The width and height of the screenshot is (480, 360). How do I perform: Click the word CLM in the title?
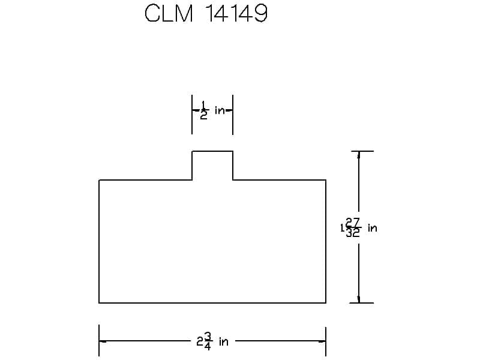point(169,14)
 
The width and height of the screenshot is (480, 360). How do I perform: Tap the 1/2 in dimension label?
point(212,111)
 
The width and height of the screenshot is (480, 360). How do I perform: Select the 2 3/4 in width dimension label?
point(212,342)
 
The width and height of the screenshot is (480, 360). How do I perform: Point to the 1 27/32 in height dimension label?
point(359,228)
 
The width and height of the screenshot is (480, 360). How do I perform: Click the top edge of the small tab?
point(212,151)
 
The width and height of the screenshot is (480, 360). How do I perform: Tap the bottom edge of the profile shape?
point(212,303)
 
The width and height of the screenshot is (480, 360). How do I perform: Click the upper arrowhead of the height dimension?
point(359,155)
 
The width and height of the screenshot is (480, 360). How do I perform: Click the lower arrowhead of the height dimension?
point(359,299)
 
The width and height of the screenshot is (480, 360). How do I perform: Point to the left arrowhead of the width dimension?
point(103,341)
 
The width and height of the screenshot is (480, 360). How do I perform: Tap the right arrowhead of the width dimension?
point(322,341)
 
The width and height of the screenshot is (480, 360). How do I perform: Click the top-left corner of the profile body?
point(99,180)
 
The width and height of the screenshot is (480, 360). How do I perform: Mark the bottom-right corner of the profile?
point(326,303)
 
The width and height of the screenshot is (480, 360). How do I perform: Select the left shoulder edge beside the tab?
point(145,180)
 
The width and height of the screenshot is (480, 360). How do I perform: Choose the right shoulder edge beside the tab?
point(279,180)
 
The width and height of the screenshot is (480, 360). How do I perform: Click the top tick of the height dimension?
point(362,151)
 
